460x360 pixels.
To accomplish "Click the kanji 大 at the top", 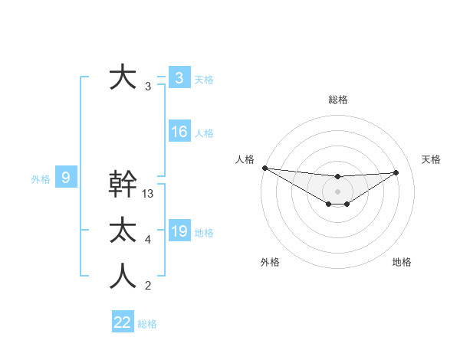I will click(122, 77).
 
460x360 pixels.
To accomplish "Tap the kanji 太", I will click(123, 231).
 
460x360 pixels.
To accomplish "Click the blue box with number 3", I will click(179, 78).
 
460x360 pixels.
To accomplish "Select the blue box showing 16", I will click(179, 132).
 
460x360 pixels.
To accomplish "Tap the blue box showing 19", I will click(179, 231).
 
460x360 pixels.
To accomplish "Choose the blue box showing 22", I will click(123, 322).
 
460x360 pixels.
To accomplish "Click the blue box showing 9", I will click(66, 178).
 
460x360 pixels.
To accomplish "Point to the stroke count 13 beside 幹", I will click(149, 195).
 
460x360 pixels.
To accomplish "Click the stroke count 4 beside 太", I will click(147, 241).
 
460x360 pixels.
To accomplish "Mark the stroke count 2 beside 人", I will click(147, 286).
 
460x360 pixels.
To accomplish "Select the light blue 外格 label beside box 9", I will click(41, 179).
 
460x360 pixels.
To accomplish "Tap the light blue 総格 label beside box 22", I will click(147, 324).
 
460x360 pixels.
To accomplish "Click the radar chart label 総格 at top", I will click(337, 100).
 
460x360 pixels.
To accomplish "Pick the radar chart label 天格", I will click(432, 159).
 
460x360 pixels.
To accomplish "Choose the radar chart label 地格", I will click(402, 262).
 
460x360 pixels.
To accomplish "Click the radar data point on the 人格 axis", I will click(264, 168).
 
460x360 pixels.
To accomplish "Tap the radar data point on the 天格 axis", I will click(396, 172).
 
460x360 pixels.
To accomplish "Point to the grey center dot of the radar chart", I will click(337, 191).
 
